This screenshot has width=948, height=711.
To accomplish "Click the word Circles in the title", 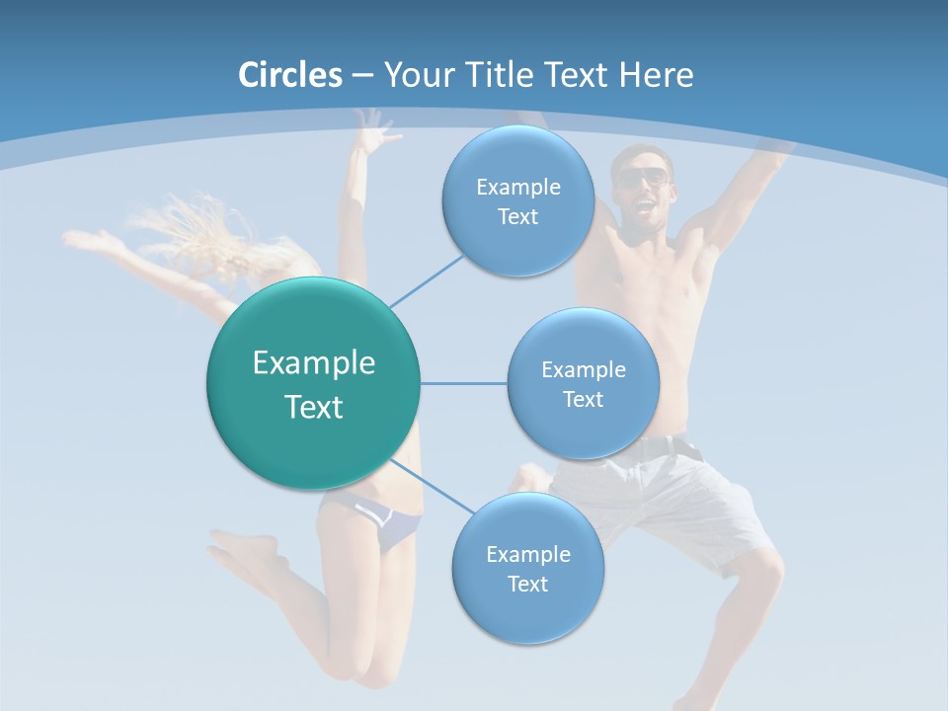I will click(x=289, y=75).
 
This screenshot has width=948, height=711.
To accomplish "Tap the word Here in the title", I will click(x=656, y=75).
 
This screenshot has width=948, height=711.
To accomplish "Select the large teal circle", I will click(x=313, y=384).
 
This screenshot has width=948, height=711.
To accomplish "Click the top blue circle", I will click(x=517, y=201).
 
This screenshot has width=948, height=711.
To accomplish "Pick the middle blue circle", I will click(x=583, y=384).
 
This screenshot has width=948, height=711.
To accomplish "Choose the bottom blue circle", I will click(x=527, y=568).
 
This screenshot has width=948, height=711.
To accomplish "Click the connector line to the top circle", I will click(x=427, y=280).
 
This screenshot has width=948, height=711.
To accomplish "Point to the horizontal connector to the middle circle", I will click(x=463, y=383).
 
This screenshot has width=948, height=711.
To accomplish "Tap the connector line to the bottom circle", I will click(x=431, y=487).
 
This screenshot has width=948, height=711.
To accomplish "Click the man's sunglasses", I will click(x=644, y=178).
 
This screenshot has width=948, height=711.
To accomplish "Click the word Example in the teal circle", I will click(x=313, y=363).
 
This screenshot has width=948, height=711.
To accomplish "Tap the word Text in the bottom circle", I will click(x=527, y=584).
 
